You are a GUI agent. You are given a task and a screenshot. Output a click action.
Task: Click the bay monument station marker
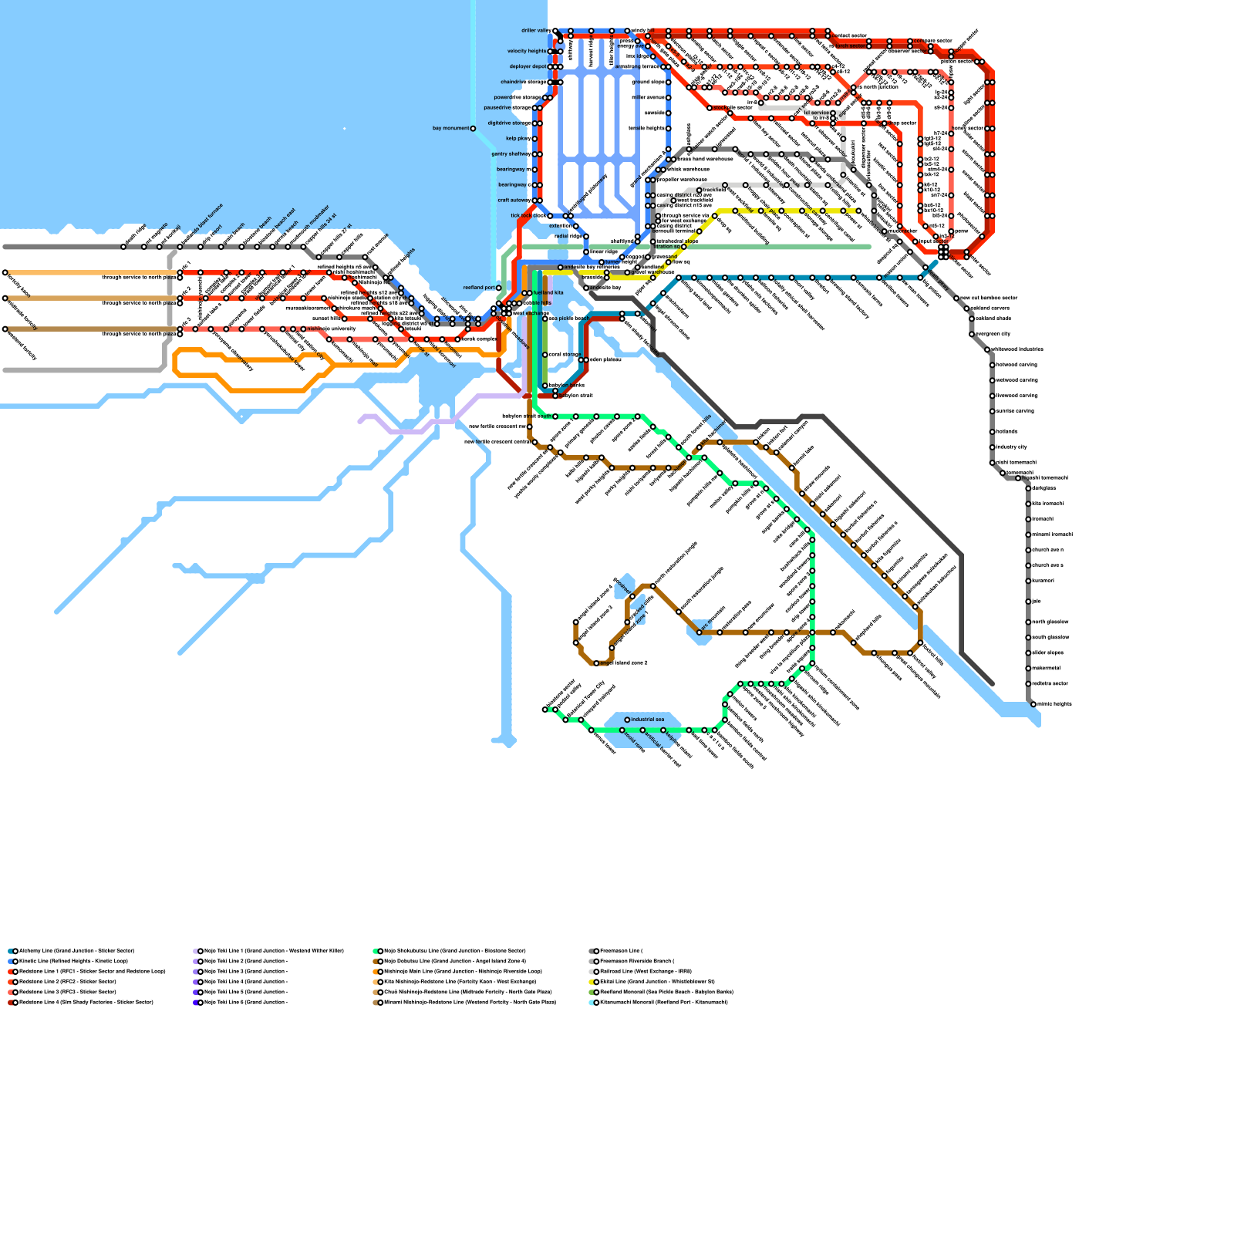[473, 129]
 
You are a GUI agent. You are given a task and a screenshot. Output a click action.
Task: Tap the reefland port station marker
[498, 288]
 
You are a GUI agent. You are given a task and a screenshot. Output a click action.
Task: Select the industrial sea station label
[647, 720]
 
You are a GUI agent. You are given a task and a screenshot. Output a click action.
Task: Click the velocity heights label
[527, 52]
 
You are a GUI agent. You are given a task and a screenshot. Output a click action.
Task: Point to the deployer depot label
[528, 67]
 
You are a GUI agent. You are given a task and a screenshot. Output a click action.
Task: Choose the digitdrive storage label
[509, 123]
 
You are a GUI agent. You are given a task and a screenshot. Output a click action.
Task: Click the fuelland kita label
[548, 293]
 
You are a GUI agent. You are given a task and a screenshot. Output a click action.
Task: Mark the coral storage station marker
[545, 355]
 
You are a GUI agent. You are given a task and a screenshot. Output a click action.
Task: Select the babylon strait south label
[527, 416]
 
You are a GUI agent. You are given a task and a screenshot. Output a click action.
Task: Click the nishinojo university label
[332, 329]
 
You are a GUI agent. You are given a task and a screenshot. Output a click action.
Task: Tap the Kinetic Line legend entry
[72, 962]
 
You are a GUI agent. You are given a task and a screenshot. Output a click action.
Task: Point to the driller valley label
[535, 31]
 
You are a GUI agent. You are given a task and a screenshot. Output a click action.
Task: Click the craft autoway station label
[513, 201]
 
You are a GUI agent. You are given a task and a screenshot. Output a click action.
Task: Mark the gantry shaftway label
[511, 154]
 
